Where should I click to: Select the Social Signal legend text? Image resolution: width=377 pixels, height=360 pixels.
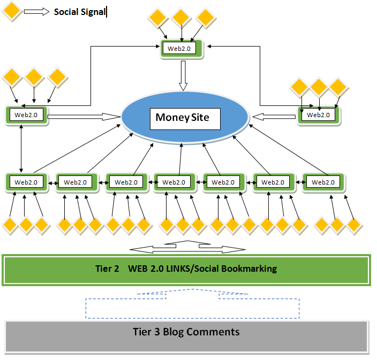point(79,12)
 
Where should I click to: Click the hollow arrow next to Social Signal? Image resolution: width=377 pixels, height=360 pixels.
point(36,12)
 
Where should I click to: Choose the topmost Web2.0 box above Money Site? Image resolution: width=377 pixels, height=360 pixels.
point(182,48)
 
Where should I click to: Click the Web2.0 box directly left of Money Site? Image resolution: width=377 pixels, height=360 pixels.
point(27,115)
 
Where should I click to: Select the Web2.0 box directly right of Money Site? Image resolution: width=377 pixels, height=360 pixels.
point(319,114)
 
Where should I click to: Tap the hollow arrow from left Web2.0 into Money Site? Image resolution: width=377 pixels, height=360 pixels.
point(83,116)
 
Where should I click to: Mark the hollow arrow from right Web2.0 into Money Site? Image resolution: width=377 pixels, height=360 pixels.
point(275,116)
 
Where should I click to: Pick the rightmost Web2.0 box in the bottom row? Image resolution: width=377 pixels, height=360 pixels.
point(323,182)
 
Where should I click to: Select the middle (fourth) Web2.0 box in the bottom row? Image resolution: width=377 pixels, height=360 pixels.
point(174,182)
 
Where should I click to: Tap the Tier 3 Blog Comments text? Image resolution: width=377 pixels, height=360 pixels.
point(186,332)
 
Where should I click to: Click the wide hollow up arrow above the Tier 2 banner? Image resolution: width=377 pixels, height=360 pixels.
point(187,247)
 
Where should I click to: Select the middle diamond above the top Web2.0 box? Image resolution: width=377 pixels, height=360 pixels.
point(181,18)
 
